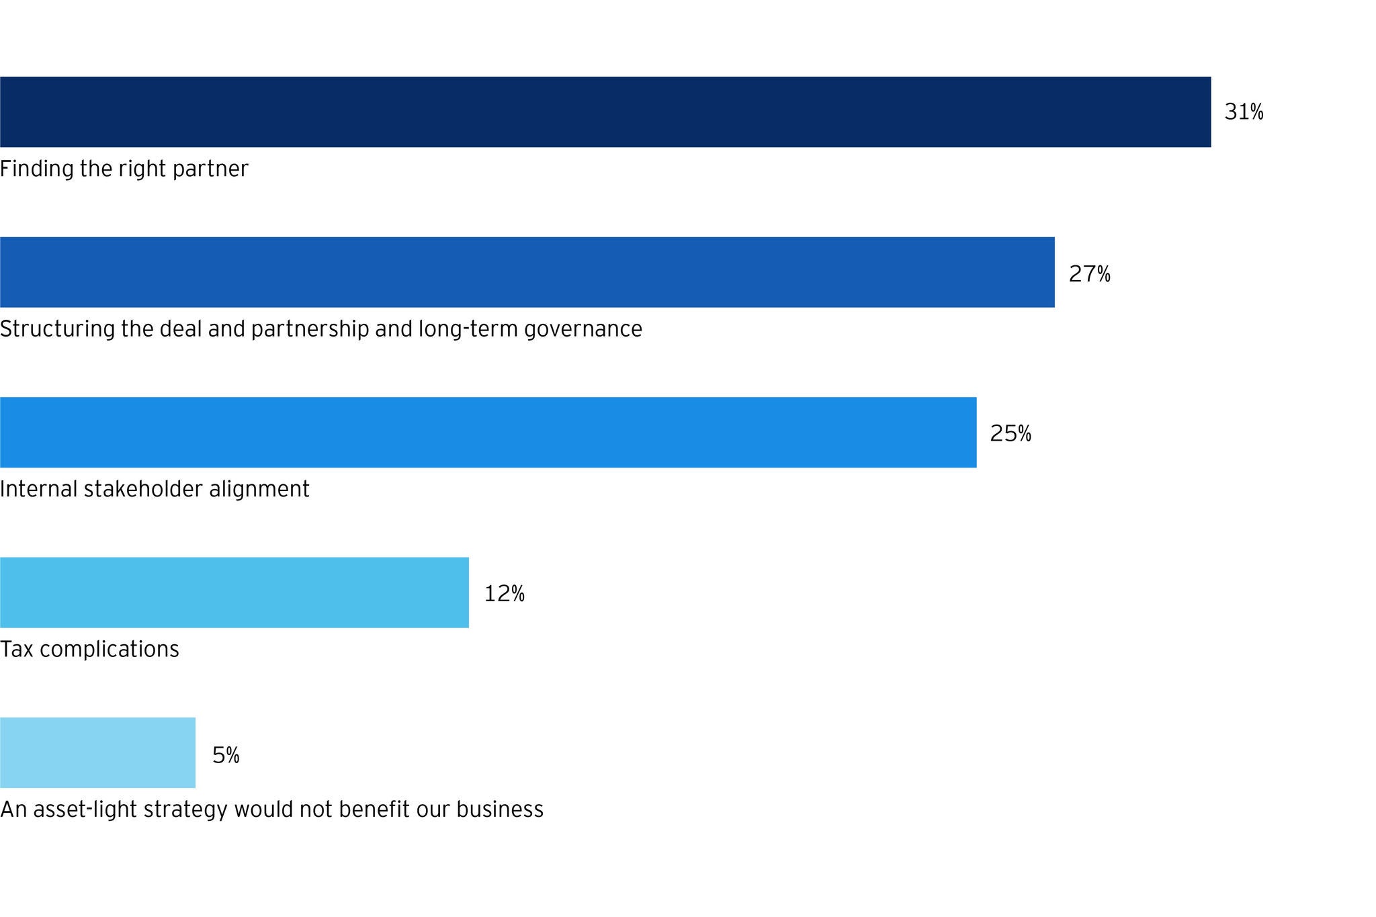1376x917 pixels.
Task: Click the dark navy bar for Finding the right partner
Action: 605,112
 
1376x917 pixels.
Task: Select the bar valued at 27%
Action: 527,272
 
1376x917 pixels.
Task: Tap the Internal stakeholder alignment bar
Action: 488,433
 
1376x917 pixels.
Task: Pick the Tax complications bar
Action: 234,593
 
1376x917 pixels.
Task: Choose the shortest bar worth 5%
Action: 97,752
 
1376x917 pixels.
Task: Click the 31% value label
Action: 1244,112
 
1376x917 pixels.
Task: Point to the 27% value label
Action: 1089,274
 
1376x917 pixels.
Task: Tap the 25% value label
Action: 1010,434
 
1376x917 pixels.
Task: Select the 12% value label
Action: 504,594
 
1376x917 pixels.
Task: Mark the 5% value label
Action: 226,755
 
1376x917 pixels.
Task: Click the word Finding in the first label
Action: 36,169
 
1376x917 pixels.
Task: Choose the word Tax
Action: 15,650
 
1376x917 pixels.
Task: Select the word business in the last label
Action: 500,810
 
